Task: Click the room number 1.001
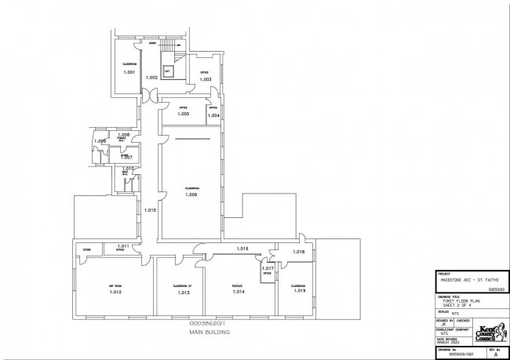(129, 72)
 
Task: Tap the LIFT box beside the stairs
(167, 70)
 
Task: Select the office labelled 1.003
(206, 79)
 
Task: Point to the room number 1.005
(183, 115)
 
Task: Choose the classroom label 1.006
(191, 195)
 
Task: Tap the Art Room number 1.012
(115, 293)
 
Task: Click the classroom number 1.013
(183, 293)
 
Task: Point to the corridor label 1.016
(242, 249)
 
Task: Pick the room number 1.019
(299, 292)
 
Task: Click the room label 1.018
(298, 251)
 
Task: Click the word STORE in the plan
(87, 250)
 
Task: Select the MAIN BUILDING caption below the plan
(206, 333)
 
